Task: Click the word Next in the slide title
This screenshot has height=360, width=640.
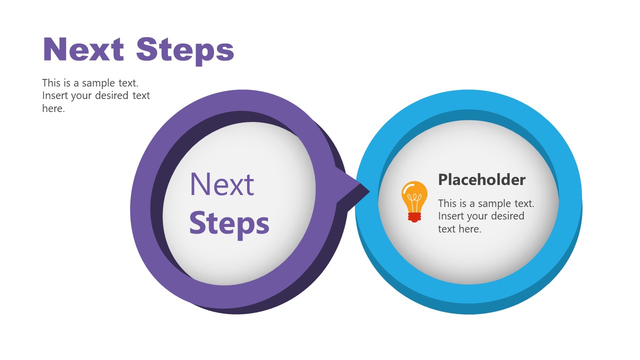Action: [83, 49]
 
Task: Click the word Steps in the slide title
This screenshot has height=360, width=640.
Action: [185, 51]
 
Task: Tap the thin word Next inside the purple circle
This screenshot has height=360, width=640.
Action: [221, 184]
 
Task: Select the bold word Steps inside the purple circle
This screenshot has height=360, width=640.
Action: [229, 225]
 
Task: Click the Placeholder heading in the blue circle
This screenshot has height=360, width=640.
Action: [481, 179]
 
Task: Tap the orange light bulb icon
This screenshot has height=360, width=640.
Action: [414, 201]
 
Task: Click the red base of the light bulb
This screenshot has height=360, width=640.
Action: [414, 217]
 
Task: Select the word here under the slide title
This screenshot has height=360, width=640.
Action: [53, 108]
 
